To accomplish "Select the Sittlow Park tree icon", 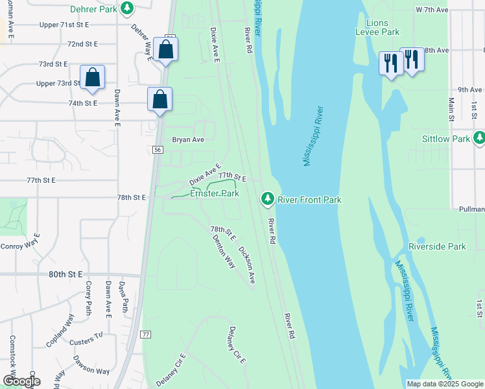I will pyautogui.click(x=479, y=137).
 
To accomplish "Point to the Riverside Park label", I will pyautogui.click(x=437, y=247).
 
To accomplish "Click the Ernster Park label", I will pyautogui.click(x=214, y=193).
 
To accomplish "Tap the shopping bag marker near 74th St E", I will pyautogui.click(x=160, y=100).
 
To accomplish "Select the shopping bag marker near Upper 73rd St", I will pyautogui.click(x=93, y=78).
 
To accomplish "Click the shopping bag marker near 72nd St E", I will pyautogui.click(x=166, y=50).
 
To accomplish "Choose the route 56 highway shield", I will pyautogui.click(x=158, y=149).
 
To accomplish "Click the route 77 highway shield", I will pyautogui.click(x=146, y=334).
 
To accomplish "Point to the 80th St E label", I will pyautogui.click(x=67, y=274).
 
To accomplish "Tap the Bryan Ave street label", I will pyautogui.click(x=188, y=139).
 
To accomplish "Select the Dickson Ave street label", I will pyautogui.click(x=246, y=265).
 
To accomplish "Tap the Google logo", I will pyautogui.click(x=21, y=381).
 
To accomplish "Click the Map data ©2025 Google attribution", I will pyautogui.click(x=444, y=384).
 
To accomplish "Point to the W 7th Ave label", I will pyautogui.click(x=432, y=10).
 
